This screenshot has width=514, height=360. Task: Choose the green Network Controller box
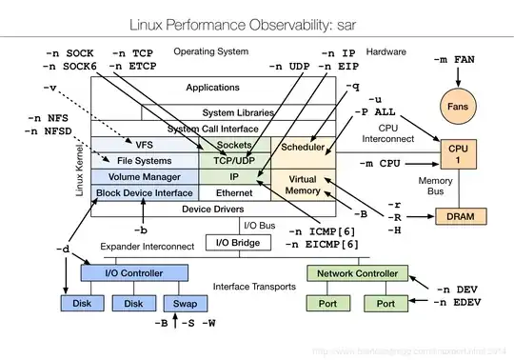[x=357, y=274]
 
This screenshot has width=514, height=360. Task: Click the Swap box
[x=183, y=304]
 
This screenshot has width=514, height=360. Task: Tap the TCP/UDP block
[x=234, y=161]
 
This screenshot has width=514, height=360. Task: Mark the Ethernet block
[x=234, y=192]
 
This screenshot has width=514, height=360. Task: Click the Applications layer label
[x=213, y=88]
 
